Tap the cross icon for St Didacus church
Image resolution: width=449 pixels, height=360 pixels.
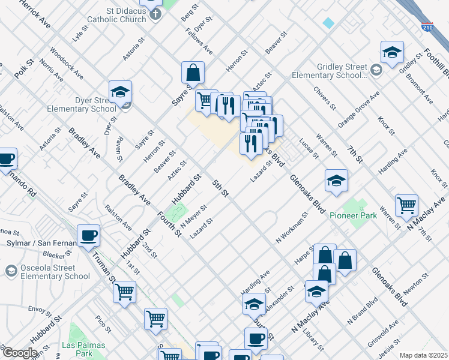point(155,14)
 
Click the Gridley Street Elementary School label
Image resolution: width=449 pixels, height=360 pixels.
point(328,71)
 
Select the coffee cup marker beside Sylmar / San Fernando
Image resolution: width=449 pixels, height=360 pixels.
point(89,235)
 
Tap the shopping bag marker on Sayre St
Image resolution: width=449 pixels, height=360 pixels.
point(193,73)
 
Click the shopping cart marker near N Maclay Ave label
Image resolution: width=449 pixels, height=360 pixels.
point(407,205)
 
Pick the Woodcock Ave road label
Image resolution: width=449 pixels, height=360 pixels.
point(67,64)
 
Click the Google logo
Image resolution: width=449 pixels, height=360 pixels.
point(20,353)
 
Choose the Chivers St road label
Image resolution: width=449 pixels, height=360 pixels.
point(325,98)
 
